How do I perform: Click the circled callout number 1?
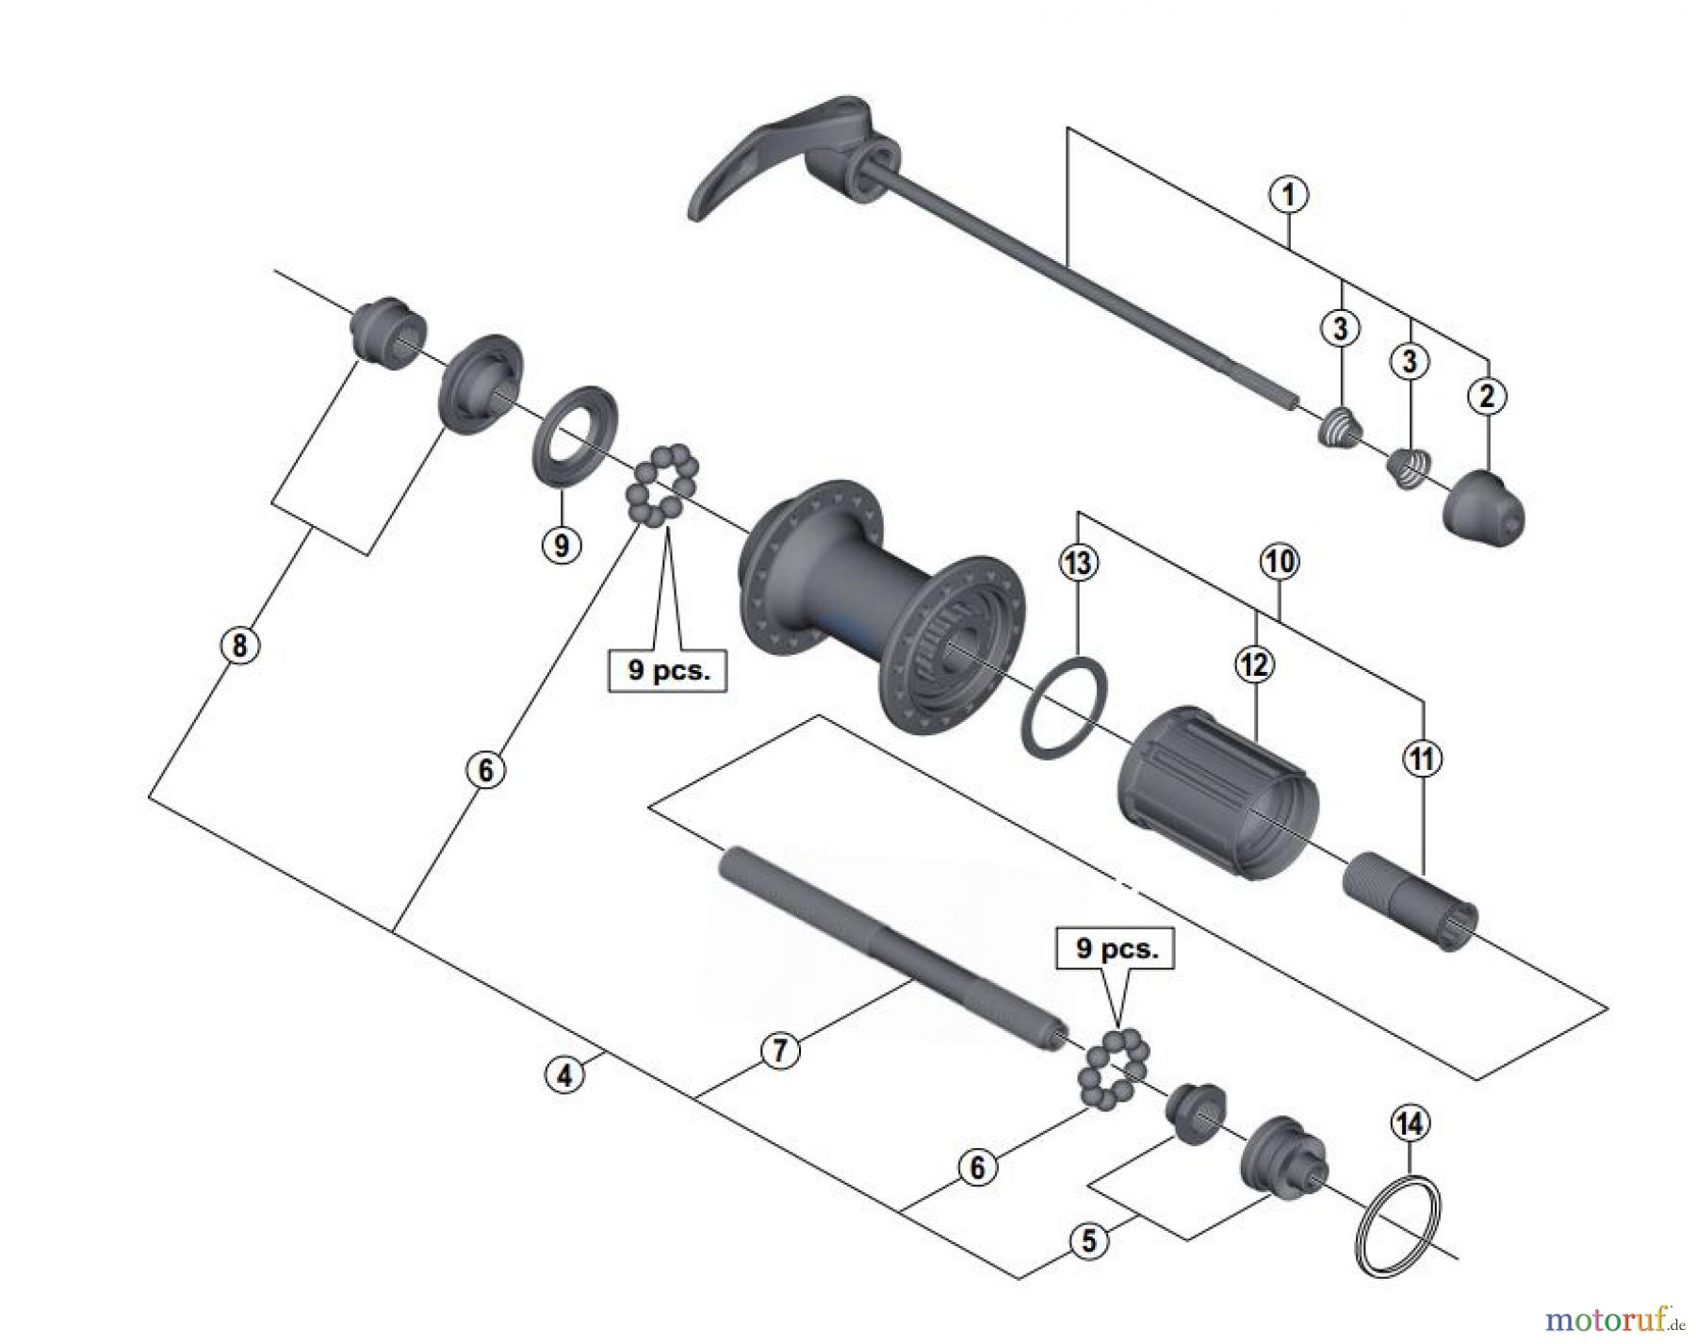[x=1288, y=195]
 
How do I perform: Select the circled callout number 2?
[x=1487, y=396]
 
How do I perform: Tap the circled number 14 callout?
[x=1410, y=1123]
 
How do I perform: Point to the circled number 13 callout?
[x=1078, y=564]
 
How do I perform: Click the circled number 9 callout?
[x=561, y=546]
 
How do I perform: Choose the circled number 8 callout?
[x=239, y=647]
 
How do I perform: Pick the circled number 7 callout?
[x=779, y=1051]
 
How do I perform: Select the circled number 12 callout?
[x=1254, y=665]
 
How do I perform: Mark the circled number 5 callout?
[x=1089, y=1240]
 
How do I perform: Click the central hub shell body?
[x=876, y=603]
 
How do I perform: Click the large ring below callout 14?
[x=1398, y=1225]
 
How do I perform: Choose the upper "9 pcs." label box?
[x=667, y=671]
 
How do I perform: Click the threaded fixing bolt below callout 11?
[x=1409, y=900]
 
